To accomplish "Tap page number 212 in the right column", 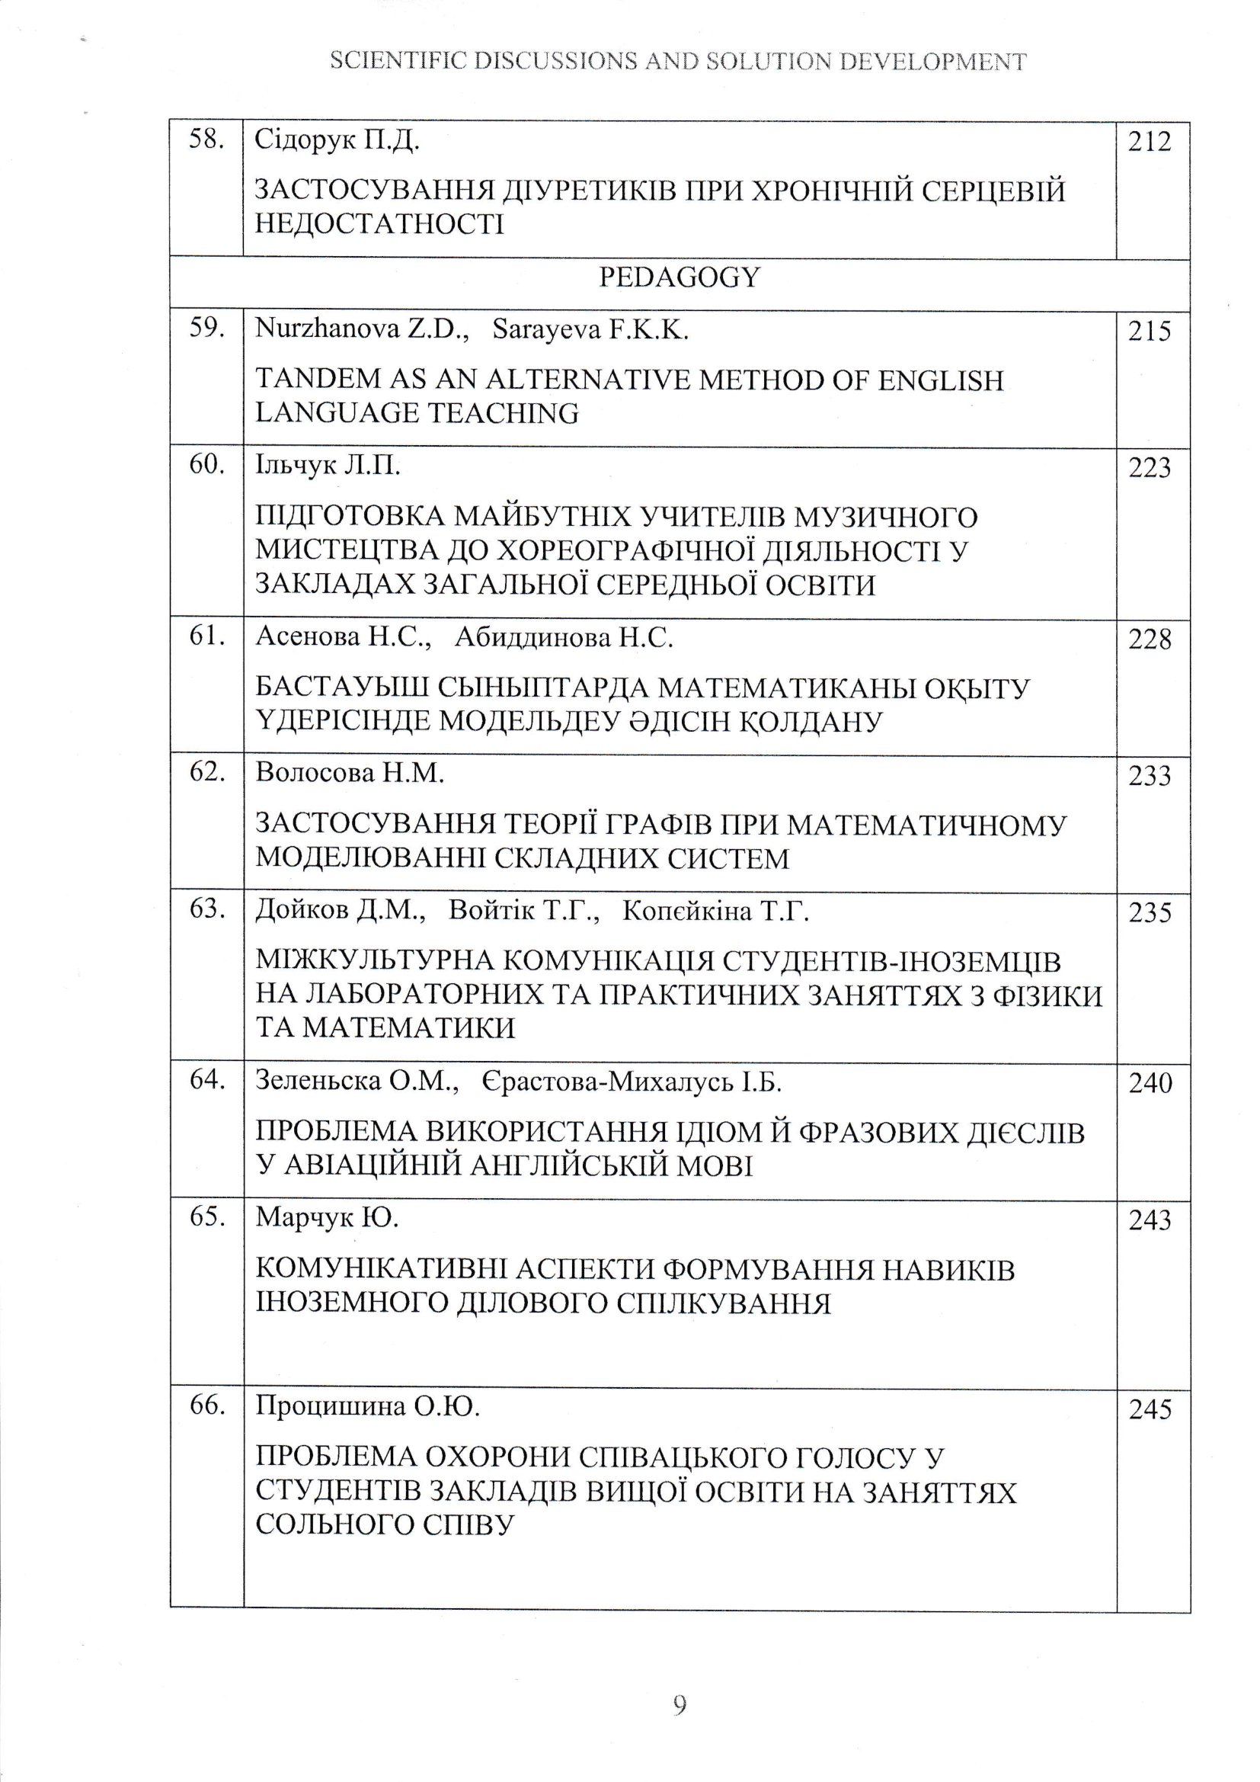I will click(x=1149, y=143).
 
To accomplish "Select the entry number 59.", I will click(x=206, y=329).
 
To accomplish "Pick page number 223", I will click(x=1149, y=468).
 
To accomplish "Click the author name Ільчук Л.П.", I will click(x=328, y=466).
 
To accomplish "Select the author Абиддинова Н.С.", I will click(x=564, y=638).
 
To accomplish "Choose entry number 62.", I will click(x=206, y=772).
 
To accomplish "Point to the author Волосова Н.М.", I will click(x=350, y=774).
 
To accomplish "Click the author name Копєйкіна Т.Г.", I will click(x=715, y=910).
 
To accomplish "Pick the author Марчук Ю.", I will click(x=327, y=1219).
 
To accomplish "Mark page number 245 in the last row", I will click(x=1149, y=1409).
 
